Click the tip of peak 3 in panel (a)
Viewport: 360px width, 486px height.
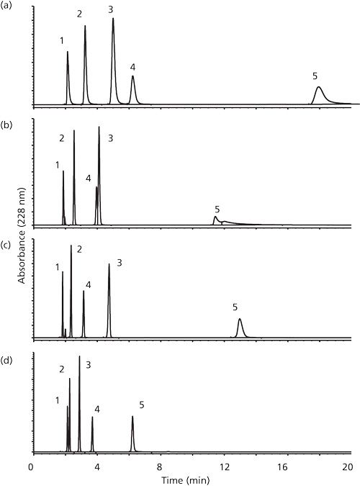click(x=113, y=19)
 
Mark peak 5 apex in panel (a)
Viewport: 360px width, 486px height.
click(x=318, y=87)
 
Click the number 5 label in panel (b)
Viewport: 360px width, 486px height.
click(x=217, y=209)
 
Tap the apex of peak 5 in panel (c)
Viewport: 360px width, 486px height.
click(x=240, y=319)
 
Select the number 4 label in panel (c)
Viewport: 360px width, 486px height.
click(x=88, y=285)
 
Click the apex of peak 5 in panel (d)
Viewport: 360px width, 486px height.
click(x=132, y=416)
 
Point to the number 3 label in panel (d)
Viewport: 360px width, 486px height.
click(x=88, y=365)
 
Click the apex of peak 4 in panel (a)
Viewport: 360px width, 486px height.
click(x=132, y=76)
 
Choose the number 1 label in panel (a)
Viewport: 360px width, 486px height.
click(x=63, y=41)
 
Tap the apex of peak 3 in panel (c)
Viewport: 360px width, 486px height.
click(x=109, y=264)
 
